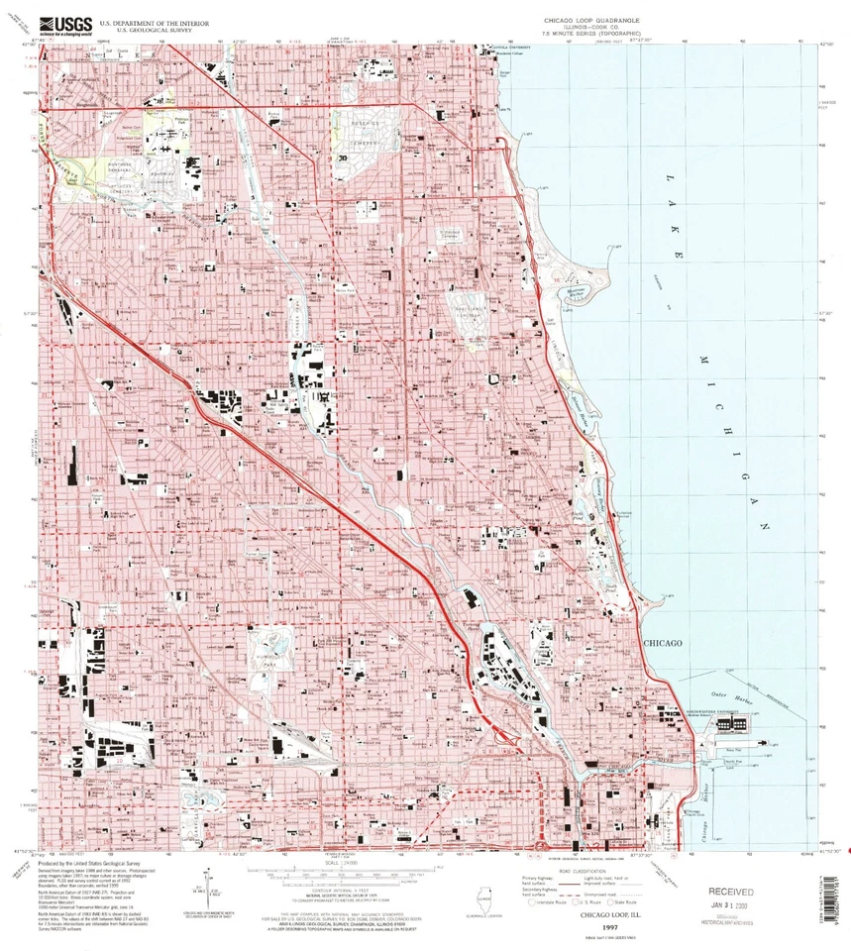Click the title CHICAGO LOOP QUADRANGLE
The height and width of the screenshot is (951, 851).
click(592, 19)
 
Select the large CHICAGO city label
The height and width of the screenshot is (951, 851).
click(663, 643)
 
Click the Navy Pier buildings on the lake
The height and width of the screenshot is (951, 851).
click(737, 726)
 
